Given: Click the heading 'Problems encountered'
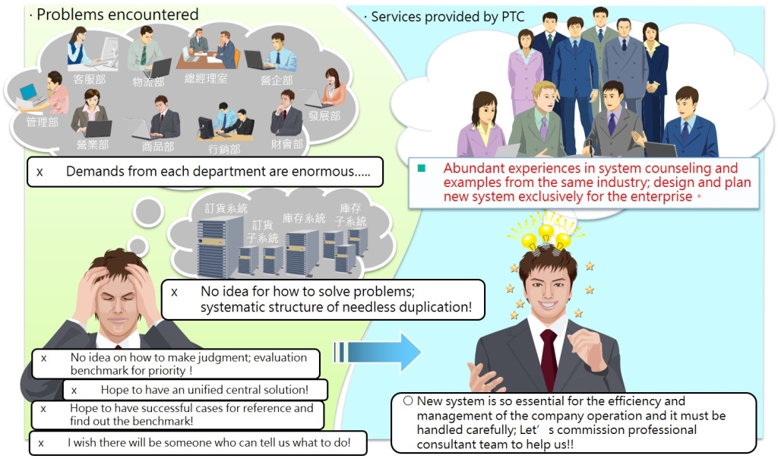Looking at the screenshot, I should (x=118, y=14).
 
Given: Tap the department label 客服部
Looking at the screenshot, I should (x=88, y=78).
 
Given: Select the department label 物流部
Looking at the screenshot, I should (x=148, y=81).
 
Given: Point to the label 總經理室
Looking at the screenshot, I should (x=205, y=78).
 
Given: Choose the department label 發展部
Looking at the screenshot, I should (x=324, y=116).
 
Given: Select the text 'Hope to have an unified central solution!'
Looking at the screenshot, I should (x=204, y=390).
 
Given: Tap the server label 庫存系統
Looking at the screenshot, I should (x=303, y=218).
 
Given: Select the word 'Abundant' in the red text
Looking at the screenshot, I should (x=471, y=168).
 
